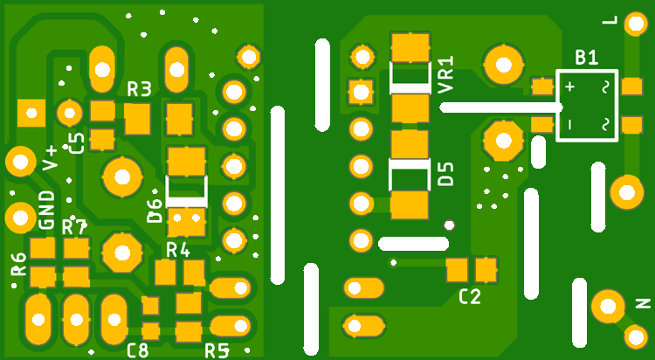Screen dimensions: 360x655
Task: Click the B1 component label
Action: [586, 59]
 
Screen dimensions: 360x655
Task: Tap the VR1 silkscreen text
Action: [446, 75]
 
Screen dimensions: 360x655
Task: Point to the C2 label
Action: [470, 296]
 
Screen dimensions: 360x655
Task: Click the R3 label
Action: [140, 88]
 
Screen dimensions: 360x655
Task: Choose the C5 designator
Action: [77, 142]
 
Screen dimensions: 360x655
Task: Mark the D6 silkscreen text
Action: [155, 210]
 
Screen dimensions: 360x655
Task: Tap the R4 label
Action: [178, 250]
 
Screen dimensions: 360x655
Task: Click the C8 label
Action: [137, 351]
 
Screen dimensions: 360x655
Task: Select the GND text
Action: [47, 210]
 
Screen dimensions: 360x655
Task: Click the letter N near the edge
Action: [644, 304]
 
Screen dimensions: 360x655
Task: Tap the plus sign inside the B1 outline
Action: [569, 87]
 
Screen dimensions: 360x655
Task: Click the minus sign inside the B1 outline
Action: [569, 125]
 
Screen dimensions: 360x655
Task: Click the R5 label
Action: [217, 351]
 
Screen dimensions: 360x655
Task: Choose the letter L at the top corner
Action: [634, 19]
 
